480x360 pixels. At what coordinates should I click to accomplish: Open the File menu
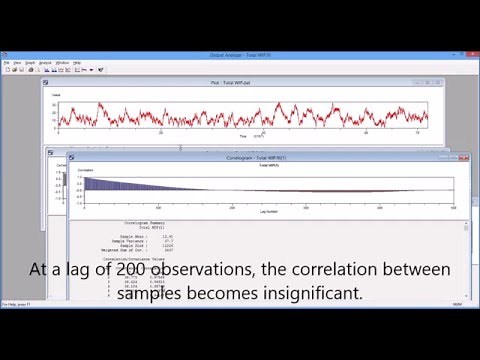point(6,62)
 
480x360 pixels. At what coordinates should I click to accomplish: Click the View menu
point(18,62)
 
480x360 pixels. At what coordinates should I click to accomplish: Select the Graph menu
point(30,62)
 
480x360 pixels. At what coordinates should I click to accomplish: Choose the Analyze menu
point(45,62)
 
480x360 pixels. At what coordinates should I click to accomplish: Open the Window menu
point(62,62)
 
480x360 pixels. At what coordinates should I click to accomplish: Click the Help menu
point(77,62)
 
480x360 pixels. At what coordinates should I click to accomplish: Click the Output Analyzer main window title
point(240,54)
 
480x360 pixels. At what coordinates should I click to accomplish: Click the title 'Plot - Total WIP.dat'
point(236,82)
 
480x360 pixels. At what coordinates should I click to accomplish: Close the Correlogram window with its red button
point(462,158)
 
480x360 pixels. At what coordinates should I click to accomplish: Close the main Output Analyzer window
point(470,54)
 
